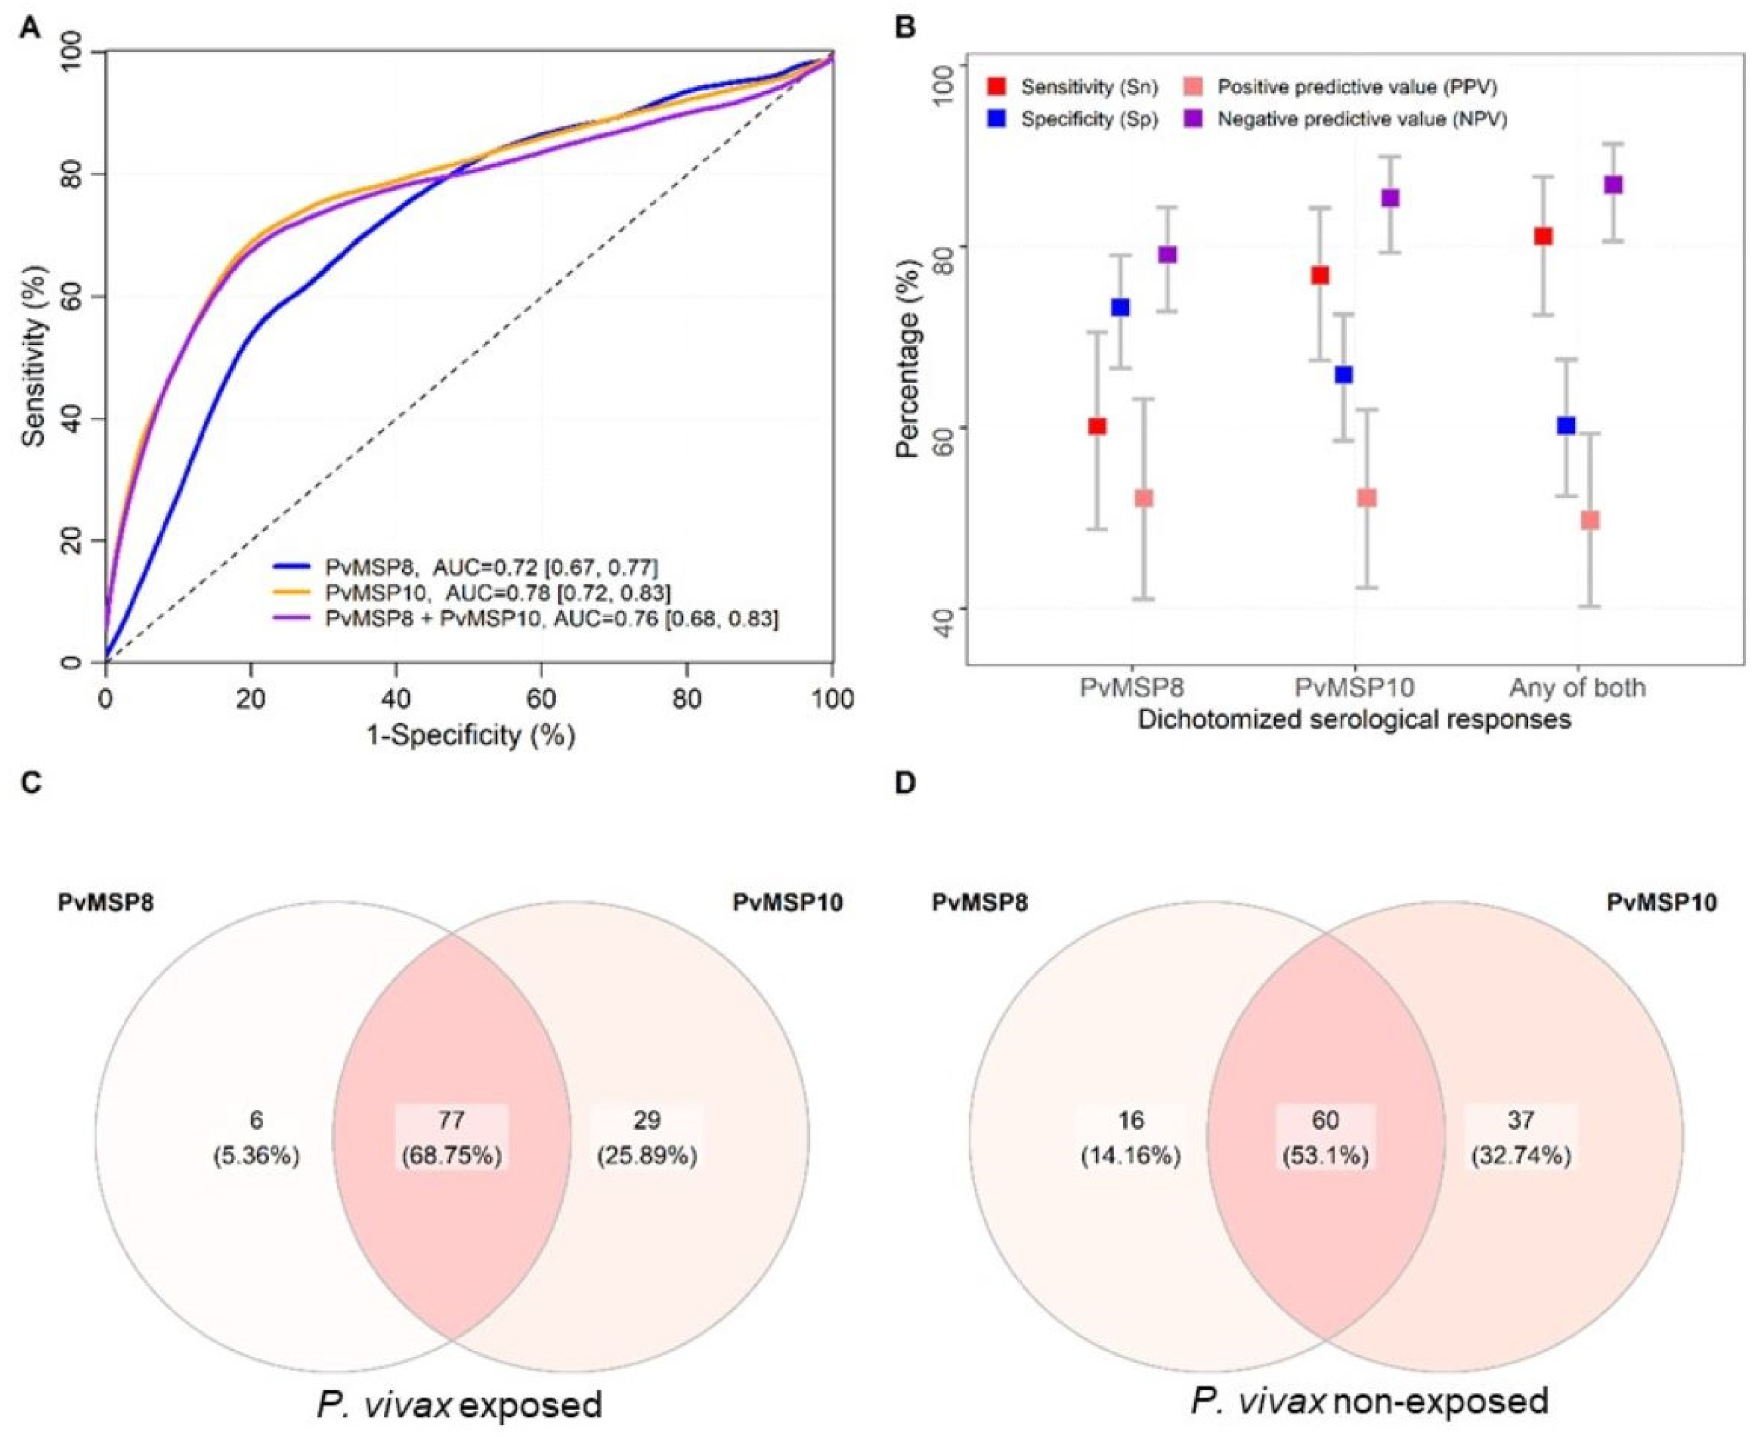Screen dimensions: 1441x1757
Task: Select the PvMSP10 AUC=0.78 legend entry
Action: (498, 593)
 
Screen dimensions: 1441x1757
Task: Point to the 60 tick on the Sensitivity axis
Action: (83, 297)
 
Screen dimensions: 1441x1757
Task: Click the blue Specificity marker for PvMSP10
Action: (1344, 375)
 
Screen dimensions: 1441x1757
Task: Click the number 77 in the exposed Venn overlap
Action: (451, 1121)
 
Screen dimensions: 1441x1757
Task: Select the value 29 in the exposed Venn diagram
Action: (647, 1121)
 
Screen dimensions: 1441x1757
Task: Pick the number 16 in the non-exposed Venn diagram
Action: (1130, 1121)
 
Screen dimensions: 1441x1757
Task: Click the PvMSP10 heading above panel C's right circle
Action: (787, 902)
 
